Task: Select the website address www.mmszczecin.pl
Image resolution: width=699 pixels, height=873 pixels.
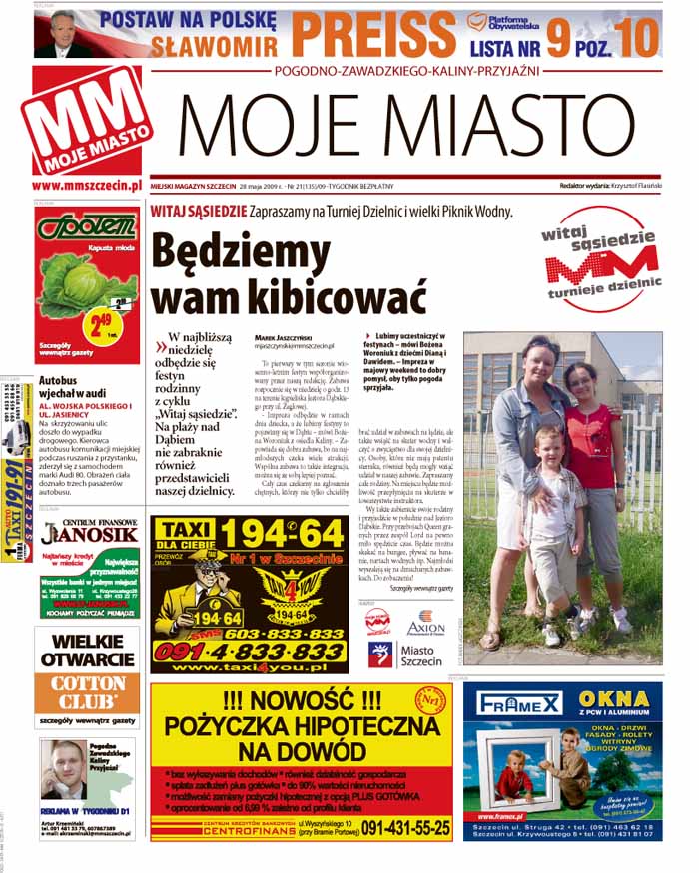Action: [x=86, y=185]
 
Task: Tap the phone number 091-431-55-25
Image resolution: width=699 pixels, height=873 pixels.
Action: [x=404, y=827]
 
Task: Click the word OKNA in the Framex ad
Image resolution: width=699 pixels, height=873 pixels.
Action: [x=615, y=701]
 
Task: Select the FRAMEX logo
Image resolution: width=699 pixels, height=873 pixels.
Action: [x=519, y=703]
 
